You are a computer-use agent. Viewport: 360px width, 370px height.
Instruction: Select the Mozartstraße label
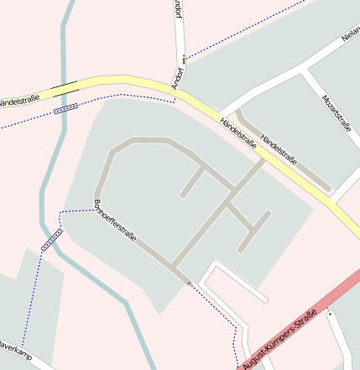(x=337, y=113)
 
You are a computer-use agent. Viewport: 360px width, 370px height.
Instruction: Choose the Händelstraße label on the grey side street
(x=279, y=148)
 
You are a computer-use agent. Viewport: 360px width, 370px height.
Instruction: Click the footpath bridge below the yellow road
(x=65, y=108)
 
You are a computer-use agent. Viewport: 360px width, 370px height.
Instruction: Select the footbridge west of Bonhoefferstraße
(x=52, y=240)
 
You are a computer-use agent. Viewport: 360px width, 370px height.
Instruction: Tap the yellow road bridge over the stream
(x=65, y=86)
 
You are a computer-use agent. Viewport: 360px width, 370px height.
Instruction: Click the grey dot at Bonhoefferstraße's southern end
(x=190, y=282)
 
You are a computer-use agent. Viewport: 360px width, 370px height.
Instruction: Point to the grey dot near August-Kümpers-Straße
(x=329, y=313)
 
